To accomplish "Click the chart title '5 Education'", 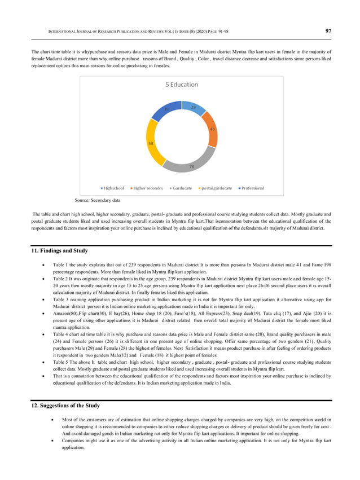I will click(181, 85).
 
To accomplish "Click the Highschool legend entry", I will click(113, 188).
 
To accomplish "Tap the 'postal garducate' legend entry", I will click(214, 188).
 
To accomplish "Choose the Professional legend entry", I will click(251, 188).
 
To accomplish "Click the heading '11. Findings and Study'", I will click(59, 250).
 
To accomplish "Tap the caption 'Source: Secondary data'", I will click(98, 200).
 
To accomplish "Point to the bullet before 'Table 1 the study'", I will click(44, 264).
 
